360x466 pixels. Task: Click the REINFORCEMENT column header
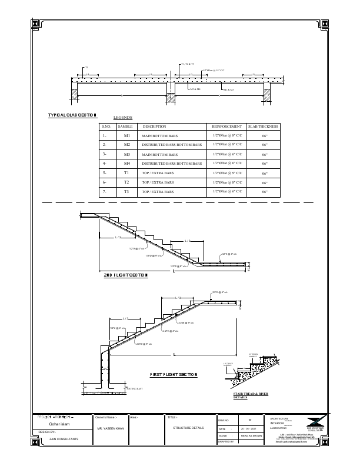[226, 127]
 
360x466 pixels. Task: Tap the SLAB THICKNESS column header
[263, 127]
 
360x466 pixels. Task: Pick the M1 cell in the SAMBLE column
[126, 135]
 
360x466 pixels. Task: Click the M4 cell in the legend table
[126, 163]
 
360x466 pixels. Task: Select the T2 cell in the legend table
[126, 182]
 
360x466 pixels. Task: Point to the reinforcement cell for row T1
[226, 174]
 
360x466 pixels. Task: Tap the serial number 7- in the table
[105, 192]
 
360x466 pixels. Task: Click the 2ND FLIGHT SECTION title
[125, 275]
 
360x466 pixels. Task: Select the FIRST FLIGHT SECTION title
[174, 374]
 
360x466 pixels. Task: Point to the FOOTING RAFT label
[136, 389]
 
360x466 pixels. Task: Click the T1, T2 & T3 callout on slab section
[188, 63]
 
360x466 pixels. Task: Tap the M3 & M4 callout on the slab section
[228, 90]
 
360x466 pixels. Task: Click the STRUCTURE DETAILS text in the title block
[188, 428]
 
